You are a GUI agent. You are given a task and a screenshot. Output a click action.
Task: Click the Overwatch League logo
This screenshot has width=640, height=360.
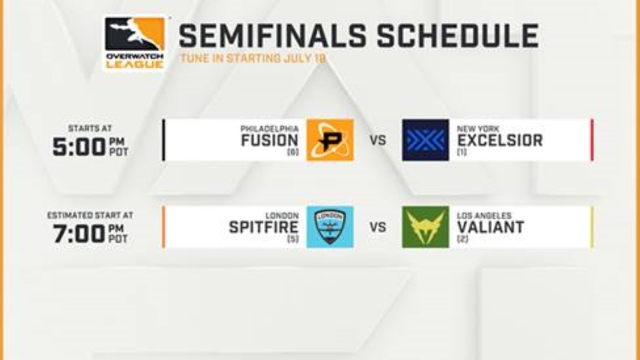point(135,44)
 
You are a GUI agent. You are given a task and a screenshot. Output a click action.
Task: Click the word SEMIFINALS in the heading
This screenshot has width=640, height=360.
point(273,36)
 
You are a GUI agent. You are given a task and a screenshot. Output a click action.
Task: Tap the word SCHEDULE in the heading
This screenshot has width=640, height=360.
point(458,36)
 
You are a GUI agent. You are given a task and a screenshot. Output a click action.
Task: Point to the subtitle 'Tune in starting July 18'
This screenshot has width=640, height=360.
point(253,58)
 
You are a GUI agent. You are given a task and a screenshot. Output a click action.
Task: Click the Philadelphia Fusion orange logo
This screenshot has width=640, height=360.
point(330,140)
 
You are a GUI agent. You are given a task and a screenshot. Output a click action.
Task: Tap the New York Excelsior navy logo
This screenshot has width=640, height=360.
point(426,140)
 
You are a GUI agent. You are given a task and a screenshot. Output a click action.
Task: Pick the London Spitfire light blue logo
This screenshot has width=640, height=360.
point(330,227)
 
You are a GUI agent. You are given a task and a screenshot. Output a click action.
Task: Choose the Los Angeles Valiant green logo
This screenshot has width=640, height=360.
point(426,227)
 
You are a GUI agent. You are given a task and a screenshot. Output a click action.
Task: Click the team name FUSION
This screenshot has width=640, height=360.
point(270,140)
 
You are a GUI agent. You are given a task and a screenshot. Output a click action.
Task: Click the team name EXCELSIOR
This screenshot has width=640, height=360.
point(500,140)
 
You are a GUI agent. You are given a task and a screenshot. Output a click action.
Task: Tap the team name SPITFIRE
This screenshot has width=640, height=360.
point(264,227)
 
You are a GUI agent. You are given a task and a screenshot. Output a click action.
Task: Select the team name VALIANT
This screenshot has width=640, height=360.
point(491,227)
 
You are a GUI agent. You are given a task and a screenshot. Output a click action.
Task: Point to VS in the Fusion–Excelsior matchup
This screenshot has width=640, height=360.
point(378,140)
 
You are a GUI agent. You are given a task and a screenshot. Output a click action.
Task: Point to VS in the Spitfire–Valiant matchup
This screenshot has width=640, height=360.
point(378,227)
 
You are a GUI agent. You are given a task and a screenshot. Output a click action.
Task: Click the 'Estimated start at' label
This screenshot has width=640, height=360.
point(90,215)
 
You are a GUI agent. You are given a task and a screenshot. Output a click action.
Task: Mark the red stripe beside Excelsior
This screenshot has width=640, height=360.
point(592,140)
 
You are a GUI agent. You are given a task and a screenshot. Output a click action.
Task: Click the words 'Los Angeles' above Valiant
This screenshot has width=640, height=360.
point(484,216)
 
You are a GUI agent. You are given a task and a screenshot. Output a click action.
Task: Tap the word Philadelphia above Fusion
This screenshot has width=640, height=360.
point(270,129)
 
